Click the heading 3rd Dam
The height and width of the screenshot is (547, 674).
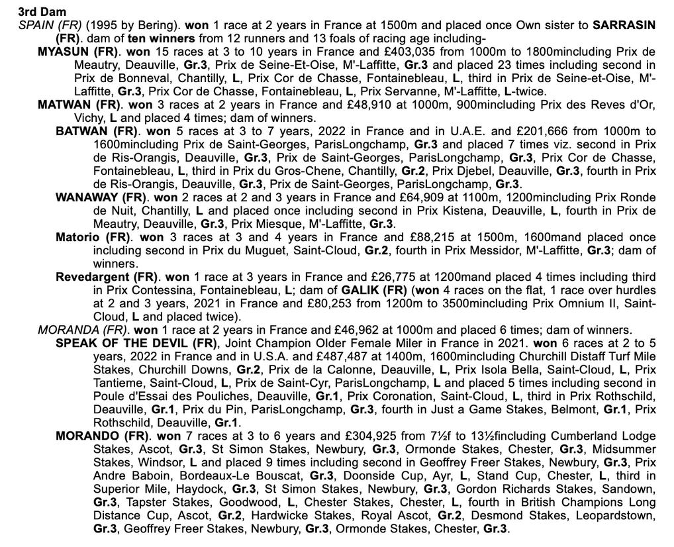[42, 12]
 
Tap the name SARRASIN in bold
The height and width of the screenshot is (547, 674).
[624, 25]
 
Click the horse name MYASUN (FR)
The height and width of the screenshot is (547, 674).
[78, 52]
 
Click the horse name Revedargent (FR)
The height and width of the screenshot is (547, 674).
[106, 277]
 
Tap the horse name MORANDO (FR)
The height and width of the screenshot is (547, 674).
[97, 436]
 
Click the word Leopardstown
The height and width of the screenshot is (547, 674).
[615, 515]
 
